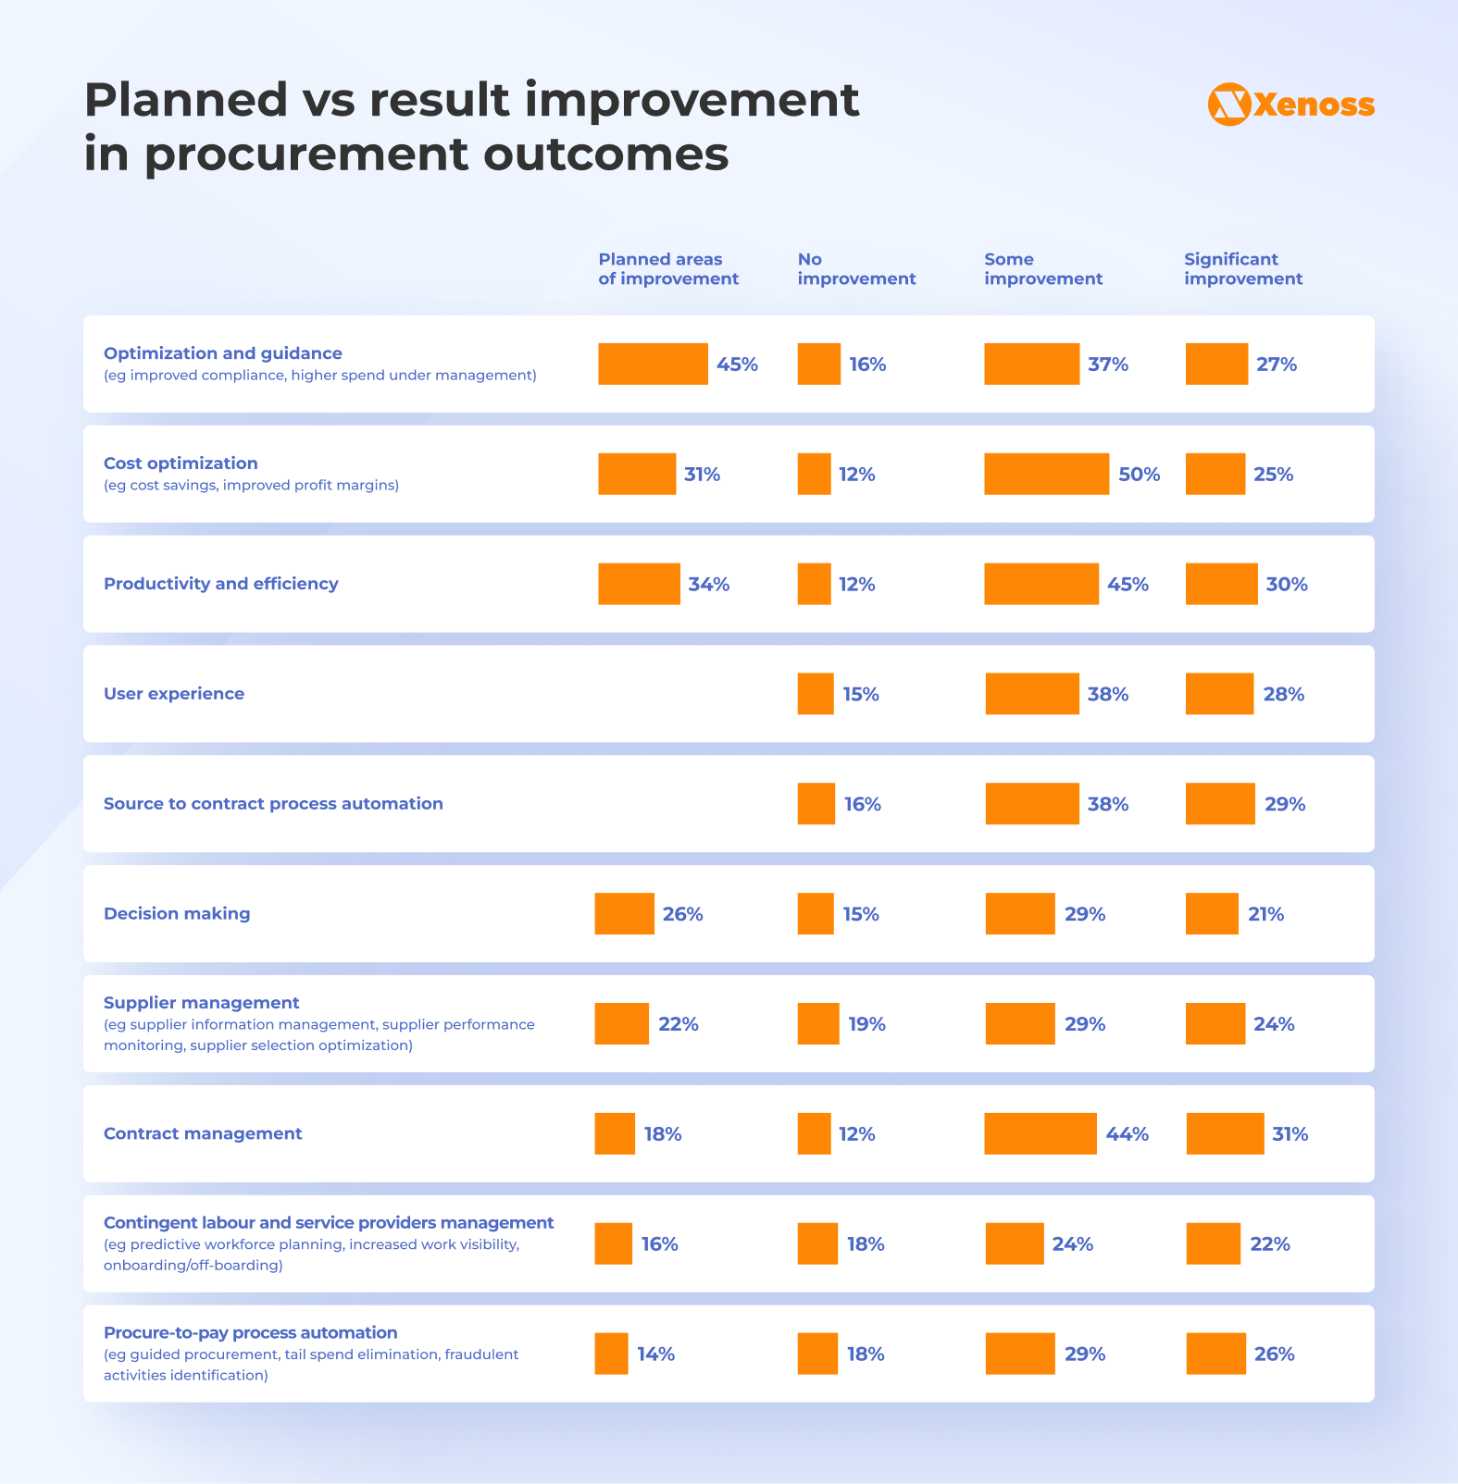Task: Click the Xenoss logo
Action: pyautogui.click(x=1290, y=105)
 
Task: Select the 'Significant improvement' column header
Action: pyautogui.click(x=1242, y=269)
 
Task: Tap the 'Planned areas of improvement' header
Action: pyautogui.click(x=667, y=269)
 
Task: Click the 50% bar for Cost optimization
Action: pyautogui.click(x=1046, y=474)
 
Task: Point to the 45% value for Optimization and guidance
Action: pyautogui.click(x=737, y=365)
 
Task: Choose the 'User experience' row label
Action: pyautogui.click(x=174, y=694)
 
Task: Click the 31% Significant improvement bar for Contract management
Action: pyautogui.click(x=1225, y=1133)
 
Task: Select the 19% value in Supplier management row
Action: pyautogui.click(x=866, y=1024)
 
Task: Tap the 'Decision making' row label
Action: pyautogui.click(x=177, y=914)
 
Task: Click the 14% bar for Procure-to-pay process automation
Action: pyautogui.click(x=611, y=1354)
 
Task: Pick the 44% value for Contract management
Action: pyautogui.click(x=1127, y=1134)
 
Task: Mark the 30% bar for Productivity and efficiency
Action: pyautogui.click(x=1221, y=584)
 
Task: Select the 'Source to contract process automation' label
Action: pyautogui.click(x=273, y=804)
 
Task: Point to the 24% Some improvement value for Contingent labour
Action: pyautogui.click(x=1072, y=1244)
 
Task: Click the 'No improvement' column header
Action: pyautogui.click(x=855, y=269)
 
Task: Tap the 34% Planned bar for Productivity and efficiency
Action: pyautogui.click(x=639, y=584)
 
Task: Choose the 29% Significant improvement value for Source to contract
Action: pyautogui.click(x=1285, y=804)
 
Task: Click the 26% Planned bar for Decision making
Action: pyautogui.click(x=624, y=914)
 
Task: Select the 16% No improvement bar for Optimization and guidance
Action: pyautogui.click(x=818, y=365)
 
